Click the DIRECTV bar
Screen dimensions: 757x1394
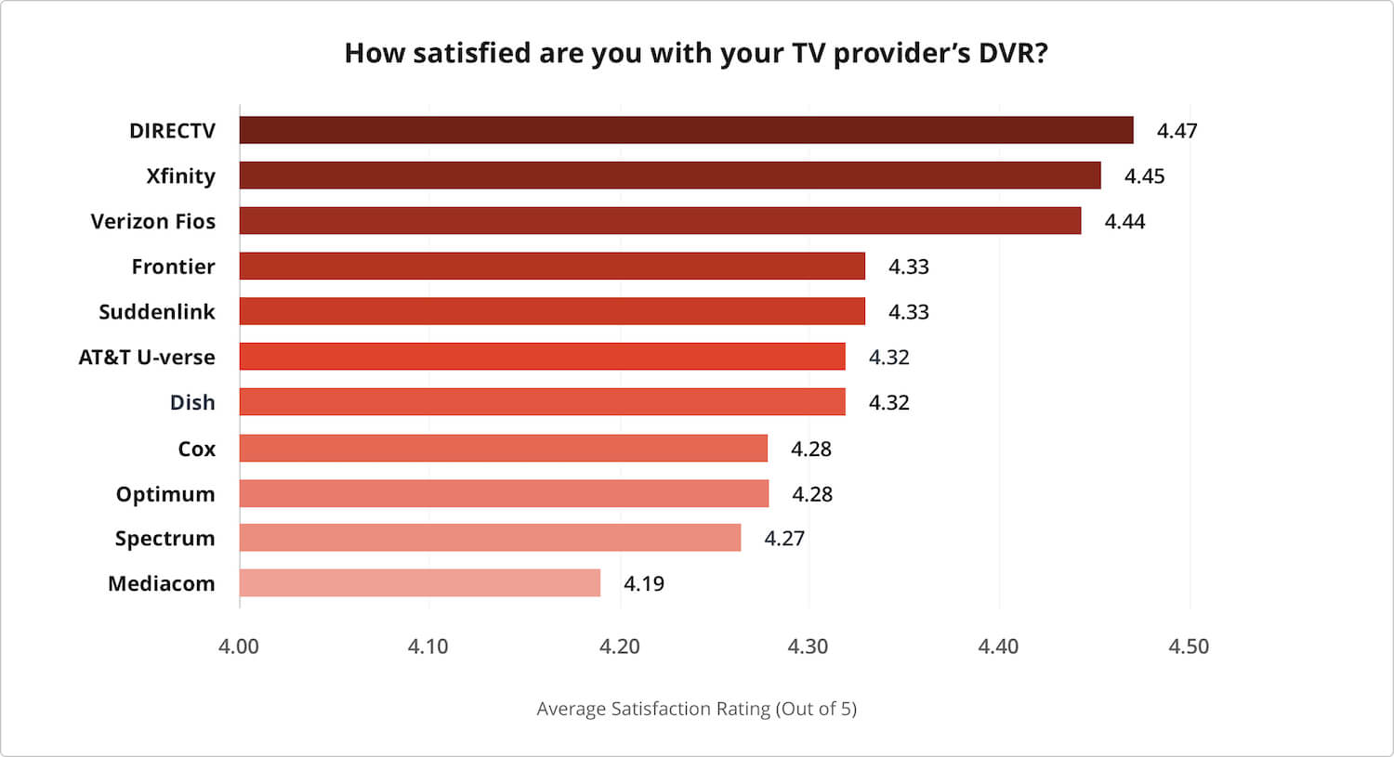686,130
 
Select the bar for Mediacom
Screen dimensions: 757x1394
419,583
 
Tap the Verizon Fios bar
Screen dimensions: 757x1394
660,221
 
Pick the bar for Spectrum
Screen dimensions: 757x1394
490,538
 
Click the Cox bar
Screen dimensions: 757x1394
503,449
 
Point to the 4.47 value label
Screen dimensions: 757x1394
1177,131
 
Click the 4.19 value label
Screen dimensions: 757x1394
643,584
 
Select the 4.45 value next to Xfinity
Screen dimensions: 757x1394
1144,176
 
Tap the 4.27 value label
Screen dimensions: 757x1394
783,539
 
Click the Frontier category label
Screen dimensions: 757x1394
173,267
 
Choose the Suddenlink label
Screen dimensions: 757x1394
156,312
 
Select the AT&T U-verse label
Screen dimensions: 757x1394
146,358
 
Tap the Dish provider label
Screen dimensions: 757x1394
192,403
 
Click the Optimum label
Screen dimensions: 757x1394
164,494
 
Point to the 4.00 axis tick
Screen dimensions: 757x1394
239,646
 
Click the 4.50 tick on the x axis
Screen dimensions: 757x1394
1189,646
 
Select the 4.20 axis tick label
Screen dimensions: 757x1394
619,646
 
